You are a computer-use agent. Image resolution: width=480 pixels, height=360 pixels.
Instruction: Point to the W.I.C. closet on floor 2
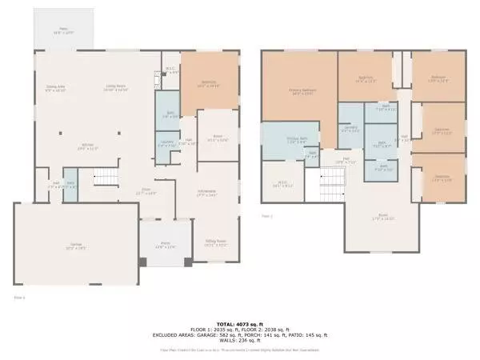(285, 185)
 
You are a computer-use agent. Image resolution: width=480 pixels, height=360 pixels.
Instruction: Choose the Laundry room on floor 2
(350, 128)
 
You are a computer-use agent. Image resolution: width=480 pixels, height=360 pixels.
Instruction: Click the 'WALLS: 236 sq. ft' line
(240, 341)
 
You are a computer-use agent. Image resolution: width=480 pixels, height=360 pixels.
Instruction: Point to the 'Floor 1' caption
(19, 298)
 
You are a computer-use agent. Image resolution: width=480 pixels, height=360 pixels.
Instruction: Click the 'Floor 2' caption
(267, 216)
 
